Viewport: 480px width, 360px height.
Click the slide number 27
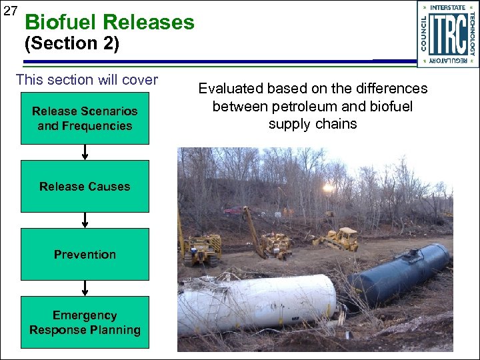(10, 11)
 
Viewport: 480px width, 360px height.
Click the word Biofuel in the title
(63, 23)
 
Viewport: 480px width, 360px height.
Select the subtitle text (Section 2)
(71, 45)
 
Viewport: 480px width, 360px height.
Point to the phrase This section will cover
(87, 80)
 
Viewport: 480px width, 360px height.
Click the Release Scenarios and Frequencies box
(85, 119)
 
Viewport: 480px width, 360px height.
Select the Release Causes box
(85, 187)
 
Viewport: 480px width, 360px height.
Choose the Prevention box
(85, 255)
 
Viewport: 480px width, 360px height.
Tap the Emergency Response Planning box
(85, 323)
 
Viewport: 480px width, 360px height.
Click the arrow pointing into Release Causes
(85, 153)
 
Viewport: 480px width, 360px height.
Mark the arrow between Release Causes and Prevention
(85, 221)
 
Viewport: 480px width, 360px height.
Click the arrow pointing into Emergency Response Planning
(85, 289)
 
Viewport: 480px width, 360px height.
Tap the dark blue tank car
(400, 273)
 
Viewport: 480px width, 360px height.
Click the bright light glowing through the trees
(328, 188)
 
